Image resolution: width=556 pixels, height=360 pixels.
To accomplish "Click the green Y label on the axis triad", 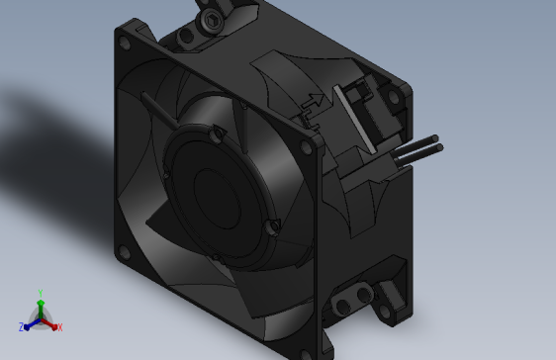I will (x=40, y=293).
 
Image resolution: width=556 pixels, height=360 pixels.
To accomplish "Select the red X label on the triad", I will (x=59, y=326).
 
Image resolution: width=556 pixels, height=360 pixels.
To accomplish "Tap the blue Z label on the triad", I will (x=22, y=326).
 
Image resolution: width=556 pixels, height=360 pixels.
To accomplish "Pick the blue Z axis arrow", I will (x=31, y=323).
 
